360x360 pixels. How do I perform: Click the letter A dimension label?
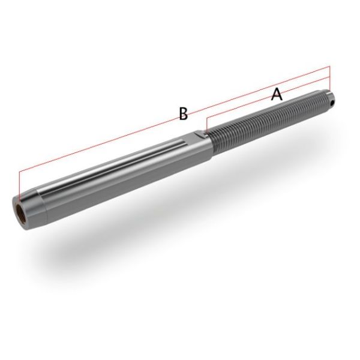point(276,94)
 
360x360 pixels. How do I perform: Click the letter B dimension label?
point(184,113)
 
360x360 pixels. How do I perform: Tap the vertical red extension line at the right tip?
point(330,78)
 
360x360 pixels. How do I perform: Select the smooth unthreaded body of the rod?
point(120,174)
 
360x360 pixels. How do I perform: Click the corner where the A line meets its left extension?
point(206,118)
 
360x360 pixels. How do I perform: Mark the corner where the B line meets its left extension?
point(19,171)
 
